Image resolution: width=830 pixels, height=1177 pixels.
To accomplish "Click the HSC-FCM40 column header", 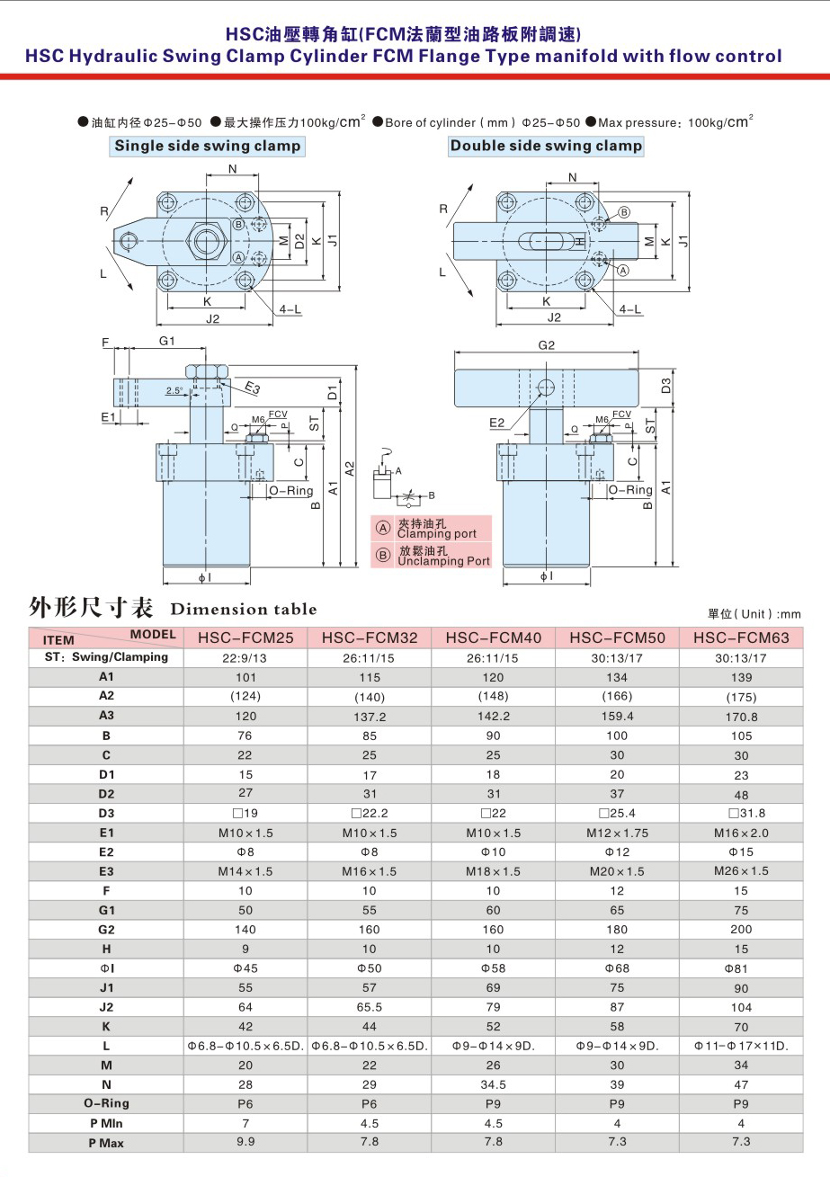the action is point(493,638).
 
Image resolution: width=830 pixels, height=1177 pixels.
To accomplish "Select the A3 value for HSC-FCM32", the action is point(370,717).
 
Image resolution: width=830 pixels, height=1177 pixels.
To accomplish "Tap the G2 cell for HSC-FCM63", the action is point(741,930).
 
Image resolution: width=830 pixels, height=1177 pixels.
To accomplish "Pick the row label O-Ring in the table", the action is point(106,1103).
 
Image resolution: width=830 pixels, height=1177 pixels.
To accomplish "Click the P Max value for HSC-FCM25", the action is point(245,1142).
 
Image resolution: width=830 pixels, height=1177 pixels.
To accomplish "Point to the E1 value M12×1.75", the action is point(617,833).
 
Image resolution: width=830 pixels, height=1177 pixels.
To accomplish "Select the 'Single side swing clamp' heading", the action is point(208,146).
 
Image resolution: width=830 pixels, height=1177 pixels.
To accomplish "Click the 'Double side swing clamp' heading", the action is point(546,146).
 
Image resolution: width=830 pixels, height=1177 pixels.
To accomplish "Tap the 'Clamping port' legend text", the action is point(437,534).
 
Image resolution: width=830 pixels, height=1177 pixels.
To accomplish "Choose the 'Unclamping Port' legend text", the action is point(443,561).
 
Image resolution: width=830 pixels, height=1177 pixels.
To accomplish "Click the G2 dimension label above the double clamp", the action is point(546,345).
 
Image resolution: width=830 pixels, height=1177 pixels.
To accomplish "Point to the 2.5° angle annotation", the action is point(174,390).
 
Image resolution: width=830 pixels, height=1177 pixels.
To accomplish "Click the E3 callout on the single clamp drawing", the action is point(253,388).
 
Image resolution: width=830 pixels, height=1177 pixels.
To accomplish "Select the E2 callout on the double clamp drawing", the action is point(496,423).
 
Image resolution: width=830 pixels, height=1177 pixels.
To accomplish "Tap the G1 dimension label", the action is point(166,341).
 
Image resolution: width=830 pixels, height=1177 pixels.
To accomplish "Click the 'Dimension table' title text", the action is point(244,610).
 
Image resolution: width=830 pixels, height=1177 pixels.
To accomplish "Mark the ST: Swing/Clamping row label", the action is point(106,657).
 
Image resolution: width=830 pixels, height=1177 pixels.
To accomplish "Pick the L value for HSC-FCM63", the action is point(741,1046).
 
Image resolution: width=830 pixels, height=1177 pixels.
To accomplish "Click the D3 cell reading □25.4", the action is point(617,814).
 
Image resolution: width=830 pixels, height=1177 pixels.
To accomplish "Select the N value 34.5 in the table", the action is point(493,1084).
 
